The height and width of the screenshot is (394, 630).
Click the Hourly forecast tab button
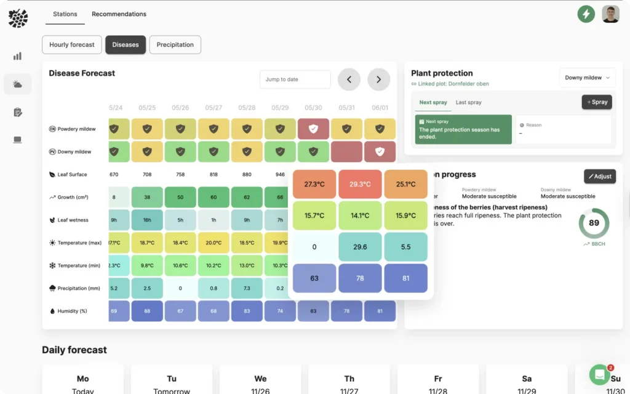(72, 45)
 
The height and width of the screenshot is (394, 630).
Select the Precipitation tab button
(175, 45)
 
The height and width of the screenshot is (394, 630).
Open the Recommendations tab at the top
(119, 14)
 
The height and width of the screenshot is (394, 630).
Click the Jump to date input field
(295, 79)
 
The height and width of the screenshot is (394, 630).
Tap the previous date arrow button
(349, 79)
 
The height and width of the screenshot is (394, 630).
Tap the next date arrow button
(378, 79)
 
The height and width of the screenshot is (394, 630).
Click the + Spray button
(597, 102)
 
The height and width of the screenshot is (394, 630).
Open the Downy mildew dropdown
(587, 78)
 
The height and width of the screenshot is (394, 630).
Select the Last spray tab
(468, 102)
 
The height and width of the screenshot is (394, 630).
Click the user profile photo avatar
(610, 14)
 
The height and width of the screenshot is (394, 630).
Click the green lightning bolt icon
(586, 14)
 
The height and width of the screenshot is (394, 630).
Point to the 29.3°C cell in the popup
(360, 184)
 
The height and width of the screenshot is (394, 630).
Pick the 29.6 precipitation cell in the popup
(360, 247)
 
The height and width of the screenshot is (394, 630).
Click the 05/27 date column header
(213, 108)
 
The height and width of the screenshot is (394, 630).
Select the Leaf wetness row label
(73, 220)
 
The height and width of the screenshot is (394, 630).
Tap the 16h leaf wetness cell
(147, 220)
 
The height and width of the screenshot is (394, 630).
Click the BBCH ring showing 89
(594, 223)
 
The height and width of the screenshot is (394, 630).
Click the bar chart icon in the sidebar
(17, 56)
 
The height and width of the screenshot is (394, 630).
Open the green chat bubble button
(599, 374)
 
